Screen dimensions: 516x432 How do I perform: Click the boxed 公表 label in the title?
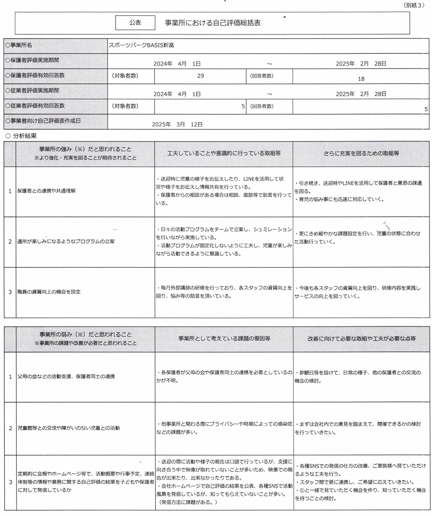tap(135, 23)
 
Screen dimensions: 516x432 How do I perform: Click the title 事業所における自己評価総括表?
tap(213, 23)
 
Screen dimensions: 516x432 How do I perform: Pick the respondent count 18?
tap(361, 78)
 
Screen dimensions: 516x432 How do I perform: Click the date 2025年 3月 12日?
tap(177, 124)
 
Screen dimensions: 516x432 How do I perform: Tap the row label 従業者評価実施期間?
tap(32, 90)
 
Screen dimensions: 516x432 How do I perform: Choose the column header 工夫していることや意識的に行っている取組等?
tap(223, 154)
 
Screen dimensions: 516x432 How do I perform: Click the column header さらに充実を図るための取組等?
tap(361, 154)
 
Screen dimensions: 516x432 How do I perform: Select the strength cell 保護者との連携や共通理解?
tap(47, 191)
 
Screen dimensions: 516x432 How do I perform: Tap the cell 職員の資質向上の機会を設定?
tap(49, 292)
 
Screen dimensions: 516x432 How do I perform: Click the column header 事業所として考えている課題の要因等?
tap(223, 339)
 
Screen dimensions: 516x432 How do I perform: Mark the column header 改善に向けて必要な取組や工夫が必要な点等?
tap(361, 339)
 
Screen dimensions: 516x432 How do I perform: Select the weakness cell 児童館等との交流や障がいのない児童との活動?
tap(69, 428)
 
